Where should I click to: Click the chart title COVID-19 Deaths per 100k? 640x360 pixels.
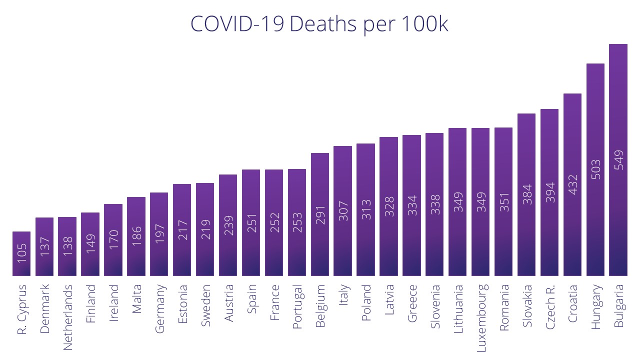319,24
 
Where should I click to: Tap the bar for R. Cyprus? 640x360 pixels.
21,253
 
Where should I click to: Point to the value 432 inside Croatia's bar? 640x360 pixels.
572,184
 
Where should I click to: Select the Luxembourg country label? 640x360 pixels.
481,318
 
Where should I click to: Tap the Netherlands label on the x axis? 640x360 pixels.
67,317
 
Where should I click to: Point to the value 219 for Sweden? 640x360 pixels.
205,229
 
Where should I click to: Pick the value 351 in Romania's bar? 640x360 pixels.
503,202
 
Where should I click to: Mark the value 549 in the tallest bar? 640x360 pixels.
618,160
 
